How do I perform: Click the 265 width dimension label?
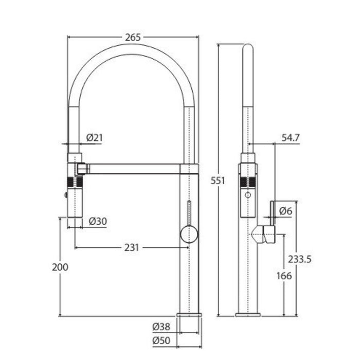coord(133,38)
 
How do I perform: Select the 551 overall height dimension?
coord(218,181)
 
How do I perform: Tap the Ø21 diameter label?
coord(94,138)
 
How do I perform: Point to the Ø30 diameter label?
coord(98,221)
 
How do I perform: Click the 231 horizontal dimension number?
coord(132,247)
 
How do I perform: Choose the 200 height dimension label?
coord(60,267)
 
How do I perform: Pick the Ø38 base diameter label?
coord(161,327)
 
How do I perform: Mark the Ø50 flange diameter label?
coord(161,340)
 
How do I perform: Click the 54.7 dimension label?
coord(291,138)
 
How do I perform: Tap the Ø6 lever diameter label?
coord(285,211)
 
